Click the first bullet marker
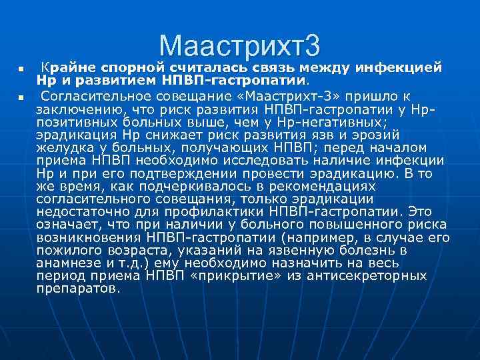21,69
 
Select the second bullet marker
21,97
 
